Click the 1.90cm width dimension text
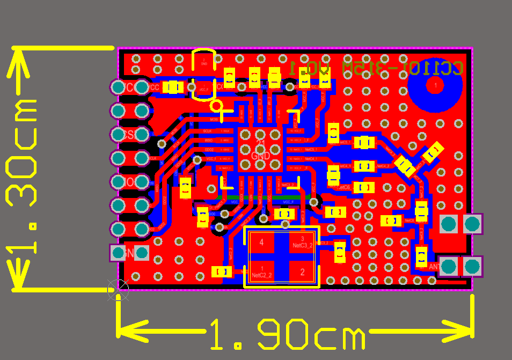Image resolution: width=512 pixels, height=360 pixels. pyautogui.click(x=287, y=334)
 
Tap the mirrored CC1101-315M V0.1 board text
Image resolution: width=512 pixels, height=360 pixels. pyautogui.click(x=376, y=68)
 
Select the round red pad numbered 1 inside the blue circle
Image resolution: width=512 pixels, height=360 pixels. pyautogui.click(x=435, y=85)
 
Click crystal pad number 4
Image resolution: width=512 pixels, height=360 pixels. pyautogui.click(x=262, y=243)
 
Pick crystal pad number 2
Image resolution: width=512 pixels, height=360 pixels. pyautogui.click(x=303, y=272)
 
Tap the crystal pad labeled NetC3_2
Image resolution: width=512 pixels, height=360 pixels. pyautogui.click(x=303, y=243)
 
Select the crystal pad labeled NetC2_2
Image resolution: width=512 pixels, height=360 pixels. pyautogui.click(x=262, y=272)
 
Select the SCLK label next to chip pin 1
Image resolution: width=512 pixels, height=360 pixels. pyautogui.click(x=207, y=131)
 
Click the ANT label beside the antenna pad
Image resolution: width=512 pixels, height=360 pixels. pyautogui.click(x=434, y=266)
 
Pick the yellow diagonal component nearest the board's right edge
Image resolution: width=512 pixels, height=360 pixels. pyautogui.click(x=433, y=152)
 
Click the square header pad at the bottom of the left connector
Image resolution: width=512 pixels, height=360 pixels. pyautogui.click(x=118, y=253)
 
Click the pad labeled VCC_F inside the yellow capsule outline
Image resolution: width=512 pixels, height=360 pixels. pyautogui.click(x=204, y=90)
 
